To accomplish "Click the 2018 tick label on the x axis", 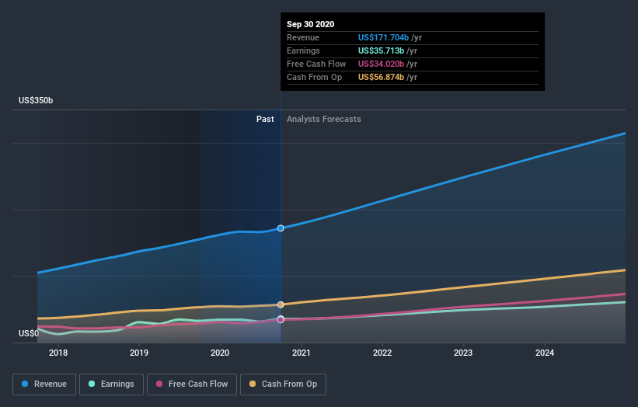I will click(x=58, y=353).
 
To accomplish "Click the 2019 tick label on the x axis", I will click(x=139, y=353).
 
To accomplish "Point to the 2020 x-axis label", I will click(x=220, y=353).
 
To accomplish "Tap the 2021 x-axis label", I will click(x=302, y=353).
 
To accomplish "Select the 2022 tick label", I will click(x=382, y=353).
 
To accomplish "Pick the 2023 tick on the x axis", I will click(x=463, y=353).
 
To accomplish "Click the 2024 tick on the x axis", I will click(x=545, y=353).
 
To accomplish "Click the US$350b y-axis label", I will click(x=37, y=101).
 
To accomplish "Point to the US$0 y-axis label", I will click(x=29, y=334).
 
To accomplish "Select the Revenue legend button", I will click(x=44, y=384).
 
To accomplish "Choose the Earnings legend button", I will click(x=111, y=384).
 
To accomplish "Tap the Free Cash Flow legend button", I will click(x=191, y=384).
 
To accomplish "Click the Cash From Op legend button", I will click(x=284, y=384).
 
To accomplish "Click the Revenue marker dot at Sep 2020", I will click(x=281, y=228).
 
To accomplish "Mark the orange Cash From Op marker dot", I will click(x=281, y=304).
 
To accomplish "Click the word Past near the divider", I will click(x=265, y=120).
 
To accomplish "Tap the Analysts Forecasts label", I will click(x=323, y=120).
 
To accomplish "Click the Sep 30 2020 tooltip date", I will click(x=311, y=24).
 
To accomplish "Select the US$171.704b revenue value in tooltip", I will click(x=383, y=37).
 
